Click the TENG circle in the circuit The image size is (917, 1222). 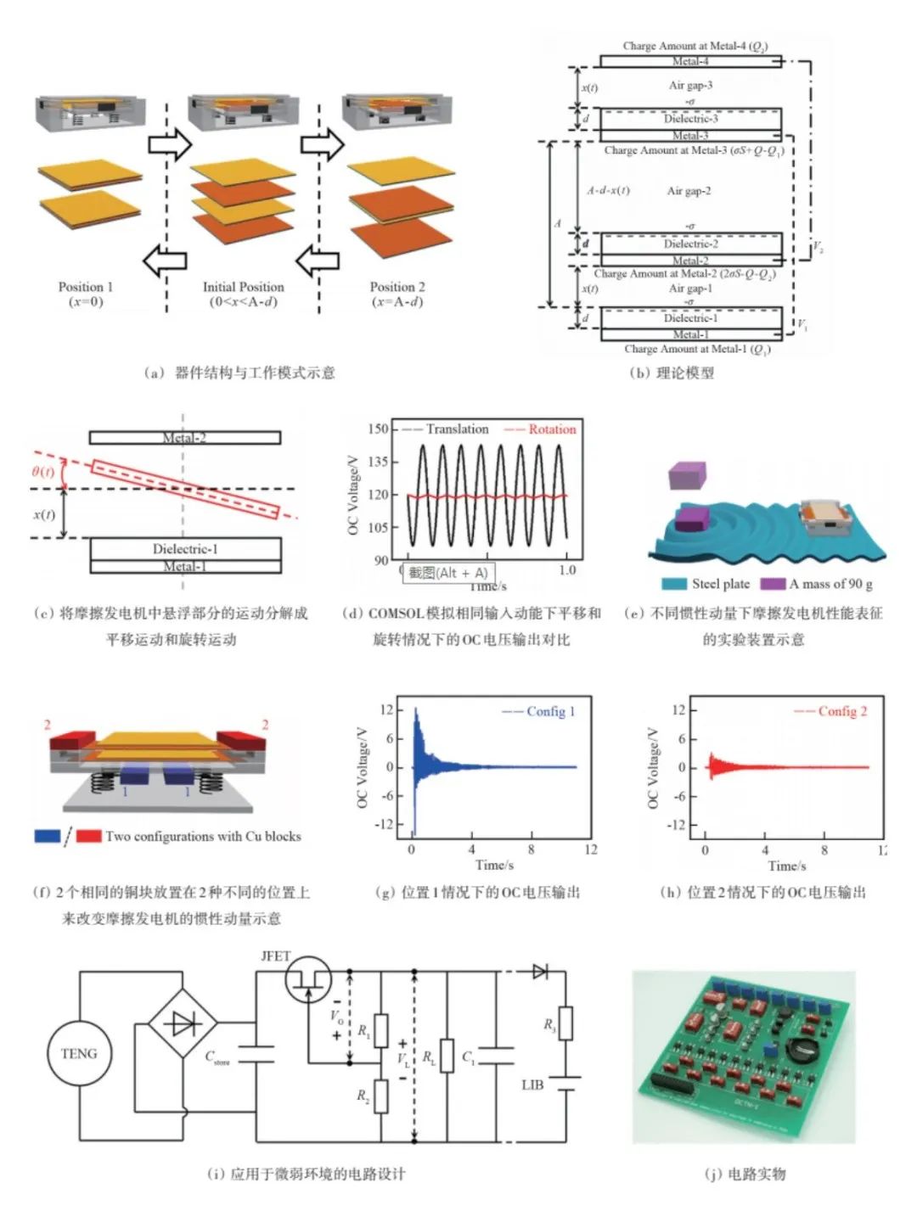[x=79, y=1054]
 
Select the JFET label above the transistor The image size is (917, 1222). [x=275, y=956]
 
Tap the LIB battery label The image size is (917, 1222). [x=532, y=1085]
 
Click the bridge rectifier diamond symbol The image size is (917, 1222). [x=183, y=1023]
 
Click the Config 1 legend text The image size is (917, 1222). [x=550, y=711]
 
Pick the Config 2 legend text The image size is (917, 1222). [x=841, y=711]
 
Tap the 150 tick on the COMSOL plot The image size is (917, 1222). [x=378, y=429]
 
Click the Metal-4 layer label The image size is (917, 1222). [x=690, y=61]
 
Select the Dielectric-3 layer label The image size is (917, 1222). [x=690, y=119]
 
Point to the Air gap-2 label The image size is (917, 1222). [x=689, y=191]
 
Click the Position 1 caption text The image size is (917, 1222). [x=85, y=287]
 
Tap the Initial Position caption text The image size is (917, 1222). [x=243, y=287]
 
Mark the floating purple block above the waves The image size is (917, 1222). [x=687, y=475]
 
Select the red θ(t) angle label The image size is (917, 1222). [x=42, y=472]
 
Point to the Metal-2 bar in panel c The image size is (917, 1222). [x=184, y=438]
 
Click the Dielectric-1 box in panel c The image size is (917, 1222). [x=185, y=549]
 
